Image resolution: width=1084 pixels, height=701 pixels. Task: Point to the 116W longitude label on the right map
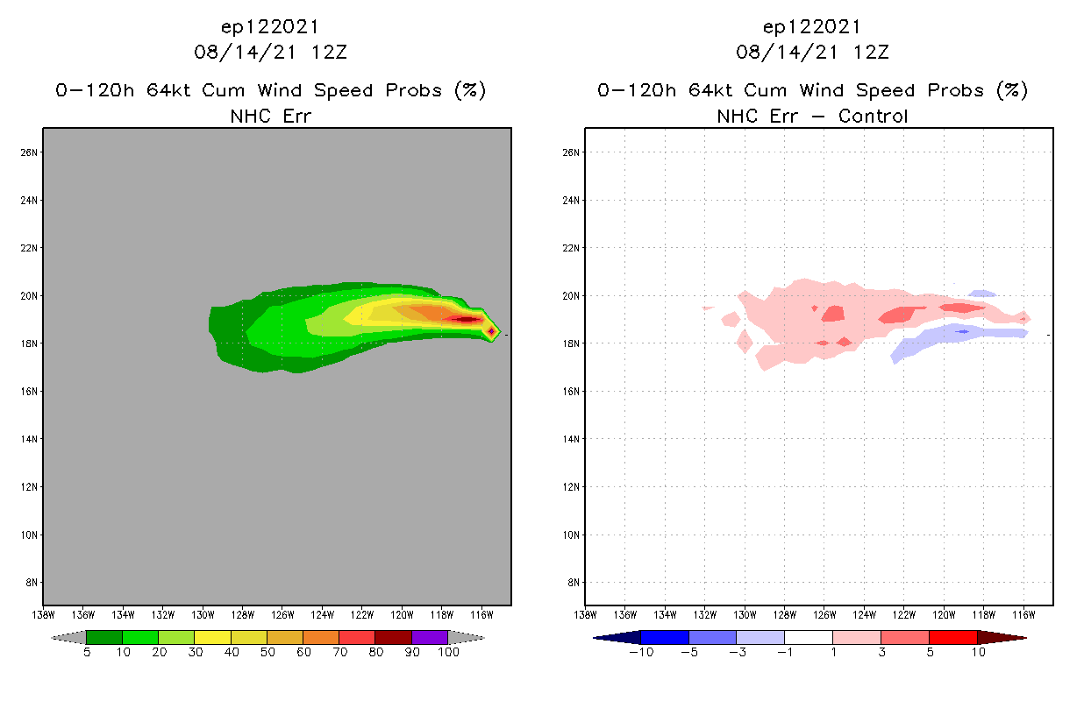[x=1023, y=614]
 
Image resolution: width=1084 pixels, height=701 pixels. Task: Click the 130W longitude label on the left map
[x=203, y=614]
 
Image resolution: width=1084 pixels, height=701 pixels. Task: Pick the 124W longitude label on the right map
[x=864, y=614]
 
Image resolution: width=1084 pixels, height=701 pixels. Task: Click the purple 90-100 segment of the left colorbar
[x=430, y=637]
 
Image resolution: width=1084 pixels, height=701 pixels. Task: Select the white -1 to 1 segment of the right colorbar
[x=808, y=637]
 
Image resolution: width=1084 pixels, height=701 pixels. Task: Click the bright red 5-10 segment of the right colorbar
[x=952, y=637]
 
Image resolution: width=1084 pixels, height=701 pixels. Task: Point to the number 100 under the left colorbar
[x=448, y=653]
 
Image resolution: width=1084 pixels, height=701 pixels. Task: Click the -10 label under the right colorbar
[x=641, y=653]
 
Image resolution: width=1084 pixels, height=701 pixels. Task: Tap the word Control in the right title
[x=873, y=116]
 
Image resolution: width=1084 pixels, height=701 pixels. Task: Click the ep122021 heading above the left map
[x=270, y=27]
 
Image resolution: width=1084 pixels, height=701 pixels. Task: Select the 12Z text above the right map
[x=871, y=53]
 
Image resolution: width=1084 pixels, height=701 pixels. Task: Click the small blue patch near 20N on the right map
[x=982, y=294]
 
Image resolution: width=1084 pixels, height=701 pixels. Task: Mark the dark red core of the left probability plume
[x=463, y=319]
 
